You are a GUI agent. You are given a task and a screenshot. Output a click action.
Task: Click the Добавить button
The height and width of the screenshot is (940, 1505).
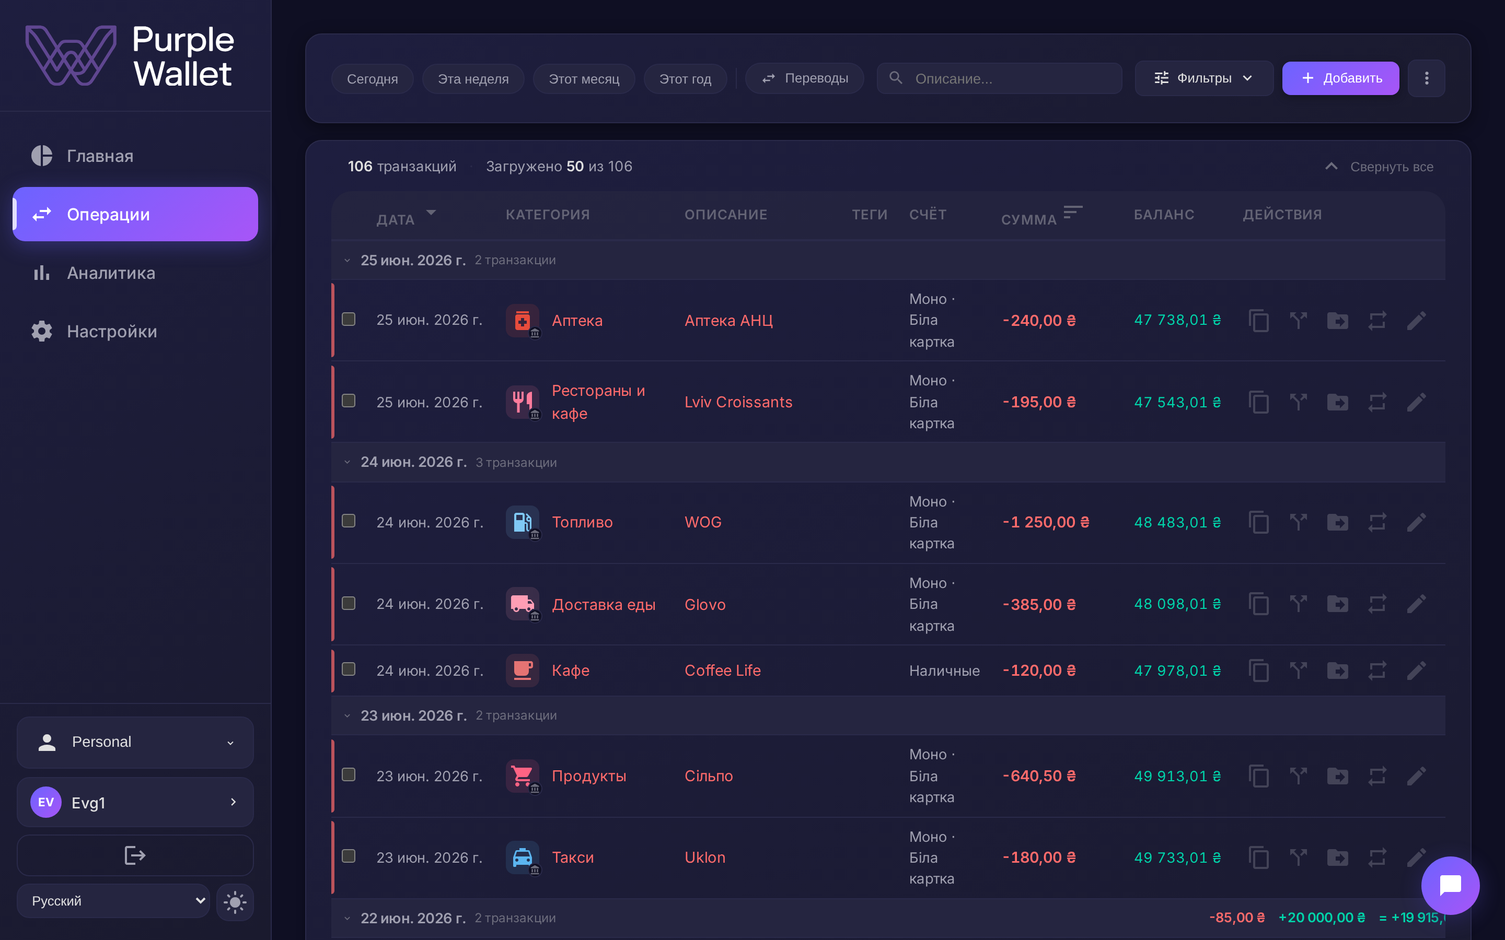click(x=1340, y=78)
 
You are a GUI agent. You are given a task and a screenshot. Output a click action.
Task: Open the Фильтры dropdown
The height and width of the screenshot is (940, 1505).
click(x=1203, y=78)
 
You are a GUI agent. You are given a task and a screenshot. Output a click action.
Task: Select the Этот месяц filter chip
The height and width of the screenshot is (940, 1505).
click(x=583, y=79)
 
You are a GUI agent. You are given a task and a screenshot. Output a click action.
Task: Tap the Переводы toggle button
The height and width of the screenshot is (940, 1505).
click(x=804, y=78)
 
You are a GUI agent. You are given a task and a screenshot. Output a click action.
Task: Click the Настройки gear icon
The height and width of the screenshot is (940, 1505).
click(x=42, y=332)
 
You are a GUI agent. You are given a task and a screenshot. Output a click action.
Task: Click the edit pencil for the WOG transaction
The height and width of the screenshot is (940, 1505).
click(x=1416, y=522)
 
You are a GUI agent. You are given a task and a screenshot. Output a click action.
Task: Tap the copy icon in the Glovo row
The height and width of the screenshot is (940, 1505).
click(x=1259, y=604)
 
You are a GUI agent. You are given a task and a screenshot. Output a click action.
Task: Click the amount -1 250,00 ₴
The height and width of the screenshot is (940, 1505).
click(x=1046, y=522)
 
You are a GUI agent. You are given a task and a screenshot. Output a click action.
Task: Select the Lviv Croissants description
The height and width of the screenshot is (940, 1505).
click(x=738, y=402)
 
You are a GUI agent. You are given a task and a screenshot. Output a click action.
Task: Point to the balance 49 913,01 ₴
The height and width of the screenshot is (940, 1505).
click(x=1177, y=776)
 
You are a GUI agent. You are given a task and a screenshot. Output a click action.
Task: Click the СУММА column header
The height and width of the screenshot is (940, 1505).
click(x=1028, y=219)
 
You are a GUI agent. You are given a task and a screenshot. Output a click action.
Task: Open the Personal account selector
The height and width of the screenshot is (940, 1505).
click(x=135, y=742)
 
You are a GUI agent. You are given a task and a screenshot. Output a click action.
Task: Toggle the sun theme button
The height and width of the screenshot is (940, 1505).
click(x=235, y=901)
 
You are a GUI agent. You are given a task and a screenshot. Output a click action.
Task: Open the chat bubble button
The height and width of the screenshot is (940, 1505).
click(x=1450, y=885)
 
